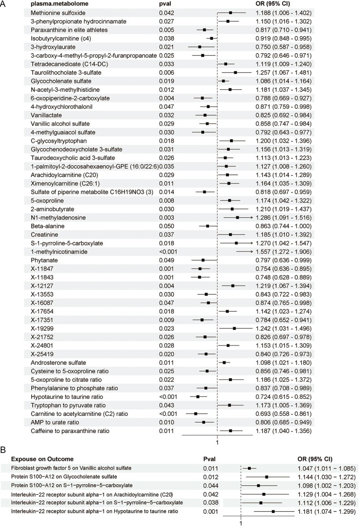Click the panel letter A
coord(3,4)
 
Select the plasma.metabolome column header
coord(52,5)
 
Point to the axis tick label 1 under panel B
coord(241,522)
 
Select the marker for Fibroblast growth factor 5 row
coord(249,468)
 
